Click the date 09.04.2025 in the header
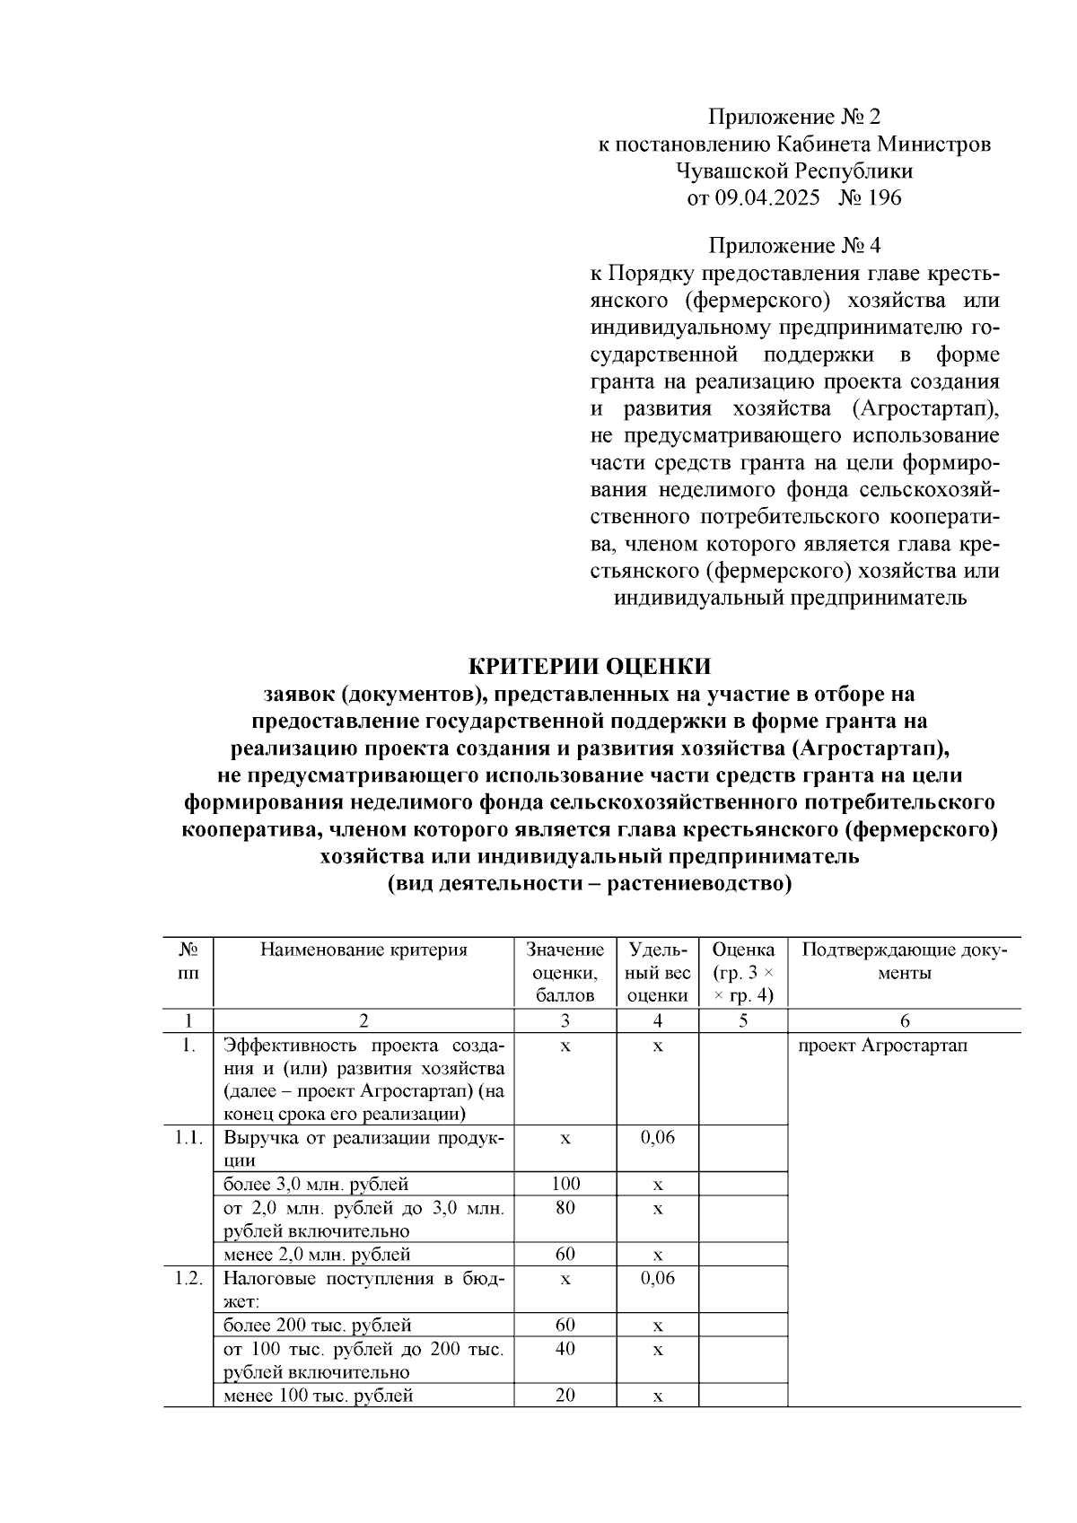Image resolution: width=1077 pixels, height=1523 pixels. tap(766, 197)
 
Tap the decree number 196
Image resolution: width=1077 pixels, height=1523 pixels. tap(882, 197)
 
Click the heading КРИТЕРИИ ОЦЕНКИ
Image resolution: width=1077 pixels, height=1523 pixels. tap(590, 666)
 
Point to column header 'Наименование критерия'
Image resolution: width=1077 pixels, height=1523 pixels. tap(363, 950)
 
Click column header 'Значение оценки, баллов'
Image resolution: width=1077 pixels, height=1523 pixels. tap(565, 972)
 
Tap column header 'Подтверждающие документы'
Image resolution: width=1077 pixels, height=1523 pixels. tap(904, 960)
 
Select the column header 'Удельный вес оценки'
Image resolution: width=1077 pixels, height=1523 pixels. tap(658, 972)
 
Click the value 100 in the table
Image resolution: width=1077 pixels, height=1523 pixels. tap(565, 1184)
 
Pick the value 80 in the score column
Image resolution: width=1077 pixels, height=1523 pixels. tap(565, 1208)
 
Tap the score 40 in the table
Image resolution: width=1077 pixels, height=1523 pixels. tap(565, 1349)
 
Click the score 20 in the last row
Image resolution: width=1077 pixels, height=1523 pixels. tap(565, 1395)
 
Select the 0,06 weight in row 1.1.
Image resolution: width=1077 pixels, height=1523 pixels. tap(658, 1137)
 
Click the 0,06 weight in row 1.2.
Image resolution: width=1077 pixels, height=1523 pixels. tap(658, 1278)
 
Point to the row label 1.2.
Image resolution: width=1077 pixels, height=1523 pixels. tap(188, 1278)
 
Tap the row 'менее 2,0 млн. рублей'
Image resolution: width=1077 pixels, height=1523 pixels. tap(317, 1254)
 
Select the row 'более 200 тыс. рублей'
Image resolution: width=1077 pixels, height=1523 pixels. tap(317, 1325)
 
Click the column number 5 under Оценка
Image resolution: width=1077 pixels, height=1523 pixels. tap(743, 1020)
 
